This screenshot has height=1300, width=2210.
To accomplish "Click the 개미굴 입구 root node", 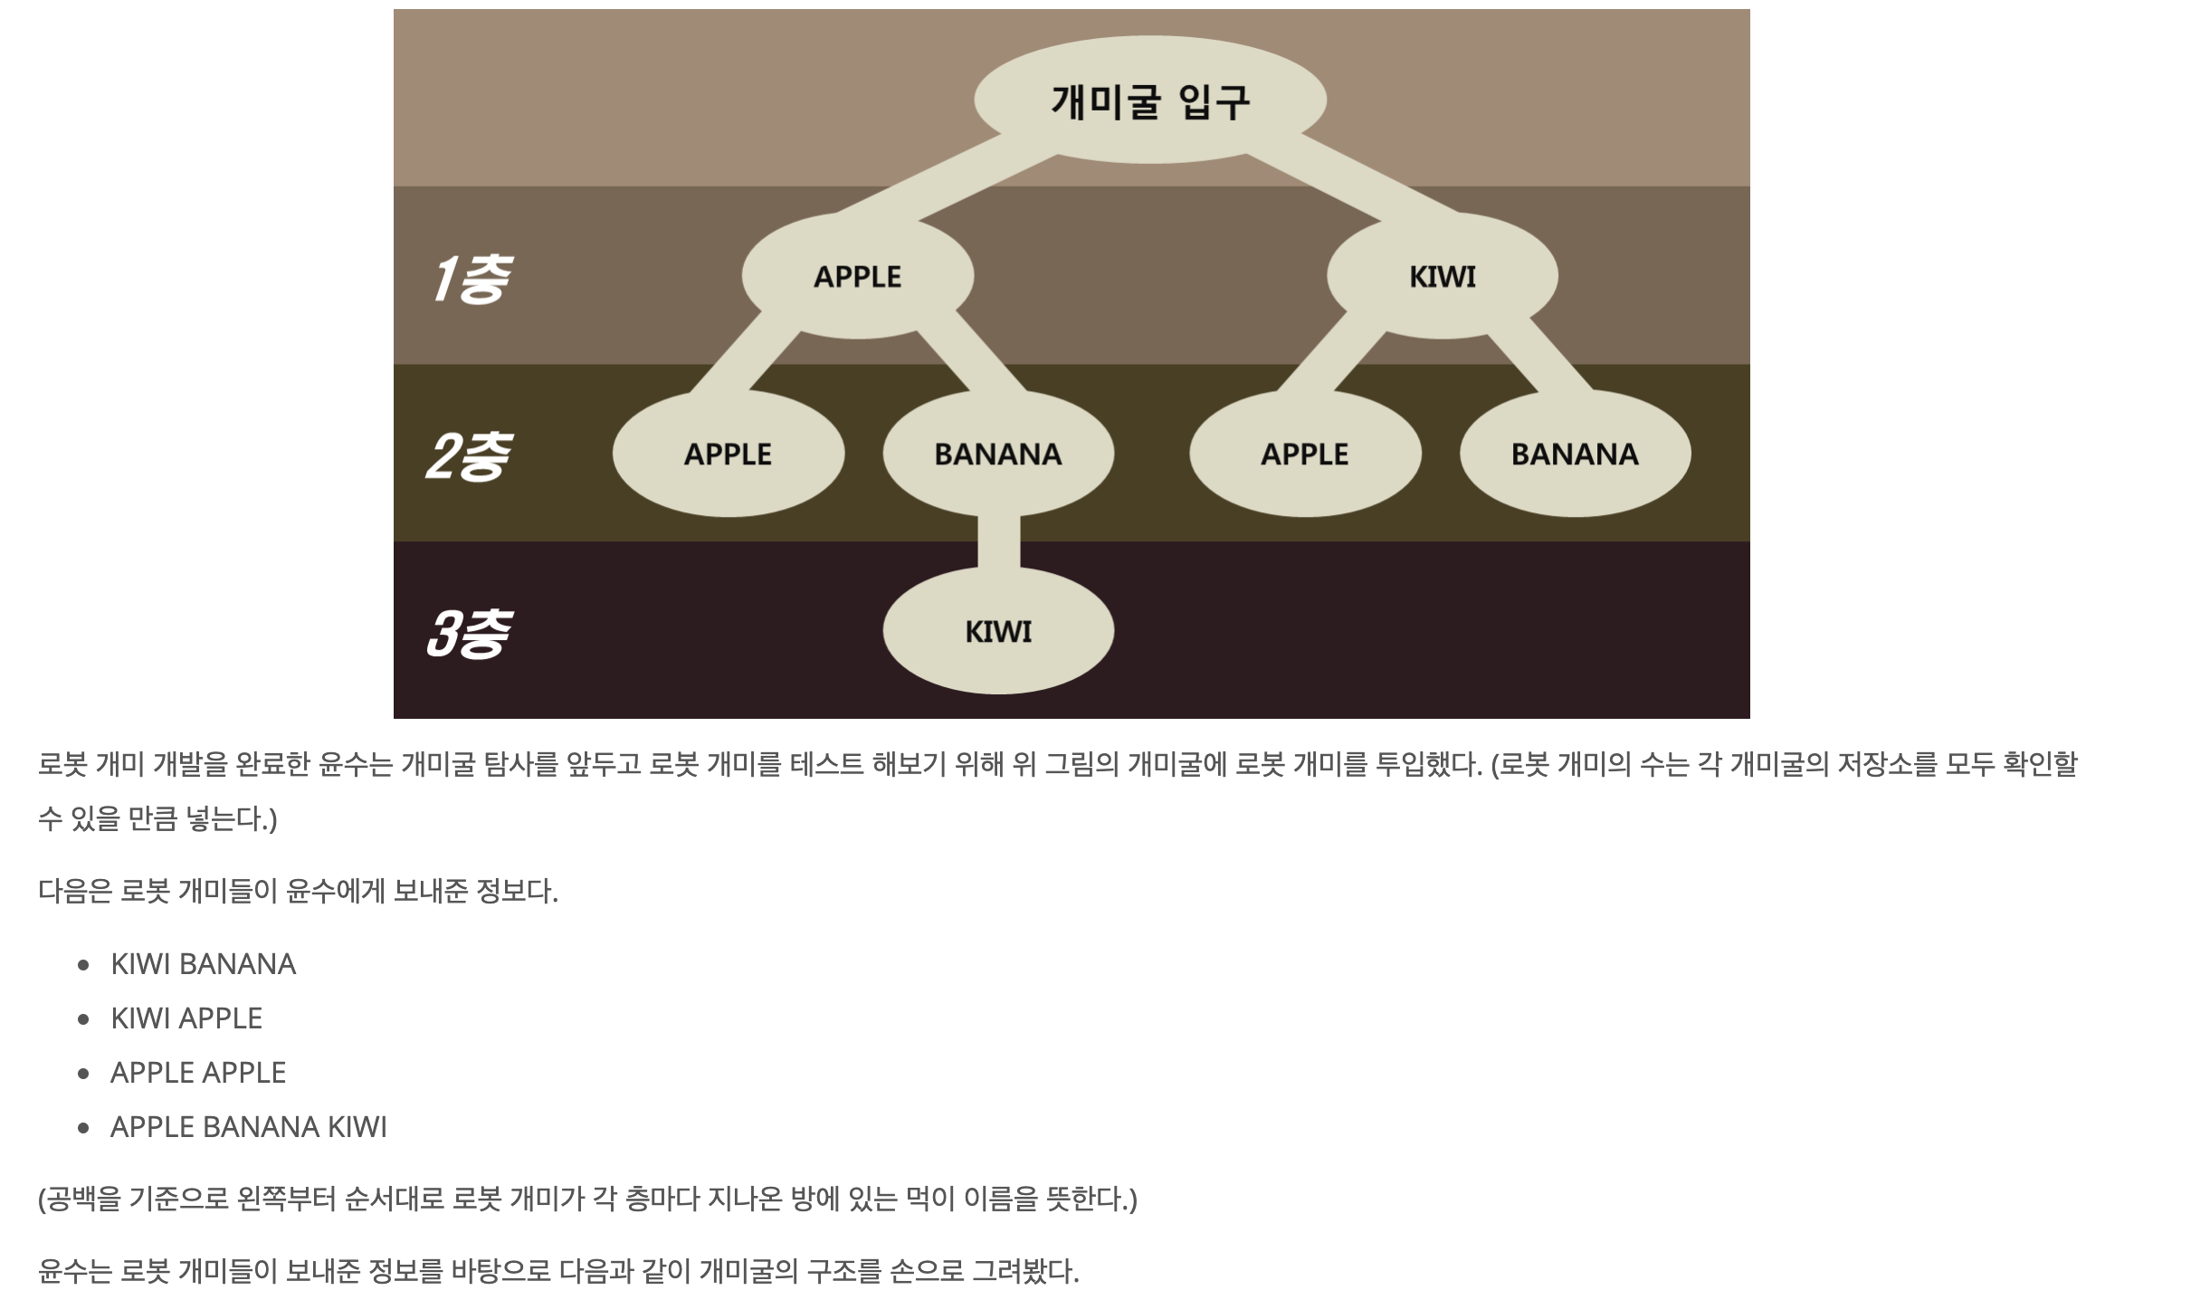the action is [x=1149, y=100].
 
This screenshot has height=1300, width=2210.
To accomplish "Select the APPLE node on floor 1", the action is [x=857, y=276].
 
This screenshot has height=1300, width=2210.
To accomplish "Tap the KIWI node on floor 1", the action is [x=1442, y=276].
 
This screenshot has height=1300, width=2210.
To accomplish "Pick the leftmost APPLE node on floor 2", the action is [x=728, y=454].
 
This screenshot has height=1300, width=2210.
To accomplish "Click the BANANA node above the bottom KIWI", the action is [x=997, y=454].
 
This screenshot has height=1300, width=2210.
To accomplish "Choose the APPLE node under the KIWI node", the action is [x=1304, y=454].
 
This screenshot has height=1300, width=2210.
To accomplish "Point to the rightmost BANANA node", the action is [x=1575, y=454].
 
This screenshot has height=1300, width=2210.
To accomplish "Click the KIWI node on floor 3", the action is [x=997, y=631].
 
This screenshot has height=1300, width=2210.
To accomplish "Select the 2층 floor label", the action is [x=468, y=455].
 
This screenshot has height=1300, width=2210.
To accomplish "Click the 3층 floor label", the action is [x=468, y=633].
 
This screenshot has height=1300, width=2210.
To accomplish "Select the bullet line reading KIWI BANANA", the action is [x=203, y=964].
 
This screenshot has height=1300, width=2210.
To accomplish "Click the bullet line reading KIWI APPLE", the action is [x=186, y=1018].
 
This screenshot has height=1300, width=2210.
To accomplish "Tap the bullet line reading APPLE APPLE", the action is [x=198, y=1073].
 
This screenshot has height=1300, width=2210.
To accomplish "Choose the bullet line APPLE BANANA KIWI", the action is [x=249, y=1127].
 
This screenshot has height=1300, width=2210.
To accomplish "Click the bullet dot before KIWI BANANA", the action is [x=84, y=965].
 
